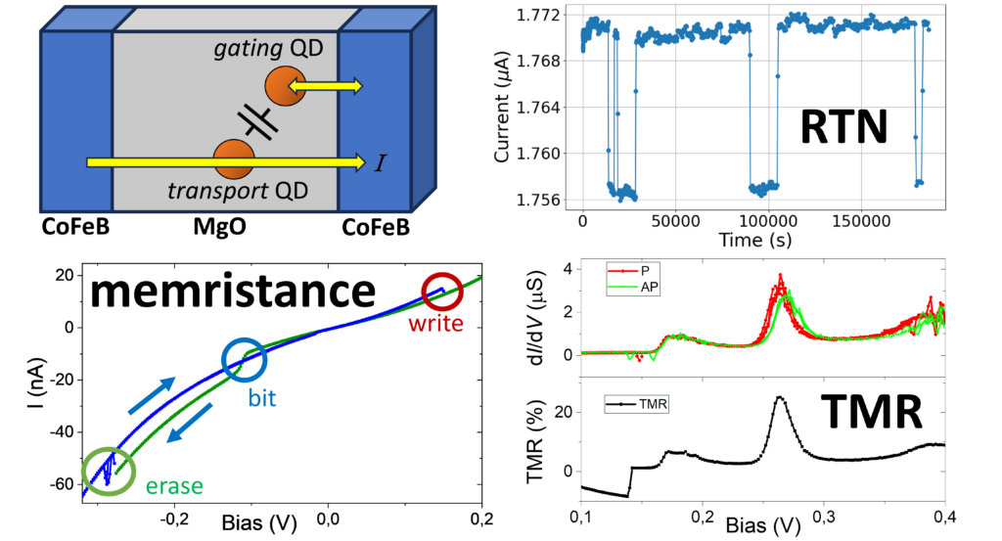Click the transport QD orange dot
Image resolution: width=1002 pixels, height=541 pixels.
(x=233, y=159)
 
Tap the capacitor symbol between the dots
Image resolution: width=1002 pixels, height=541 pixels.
(x=258, y=121)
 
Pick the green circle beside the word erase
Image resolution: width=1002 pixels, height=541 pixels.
(x=103, y=469)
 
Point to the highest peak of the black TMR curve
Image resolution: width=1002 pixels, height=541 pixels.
(x=780, y=397)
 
